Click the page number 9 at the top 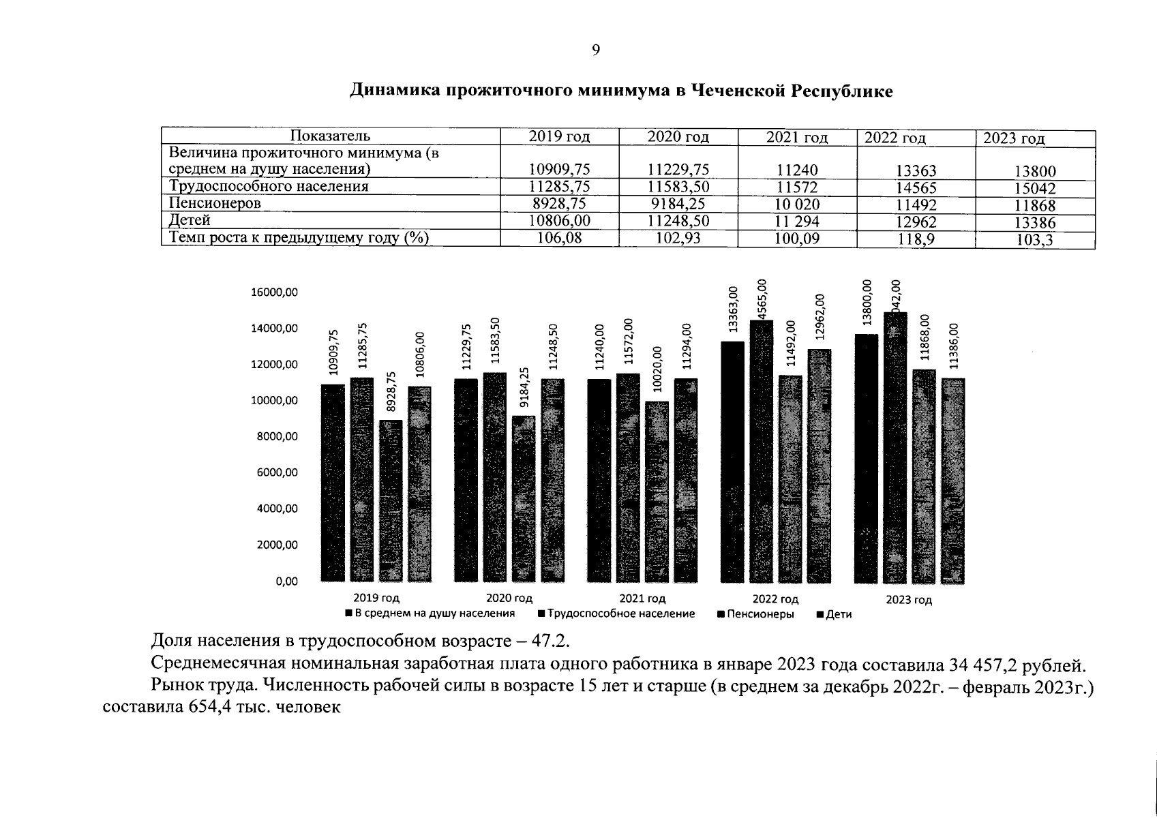coord(595,50)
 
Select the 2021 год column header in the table coord(796,138)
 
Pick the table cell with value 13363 coord(916,171)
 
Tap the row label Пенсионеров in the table coord(215,203)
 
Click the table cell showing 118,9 coord(916,239)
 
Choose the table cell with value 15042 coord(1035,189)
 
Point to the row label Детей coord(190,220)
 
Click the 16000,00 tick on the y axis coord(275,292)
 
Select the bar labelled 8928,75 coord(391,501)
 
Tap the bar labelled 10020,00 coord(657,491)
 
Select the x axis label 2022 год coord(775,599)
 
